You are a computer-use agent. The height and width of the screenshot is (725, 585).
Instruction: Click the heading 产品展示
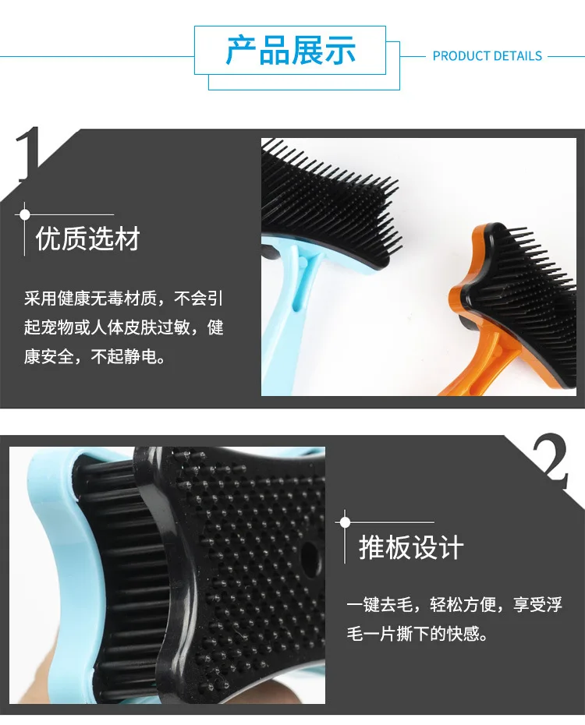tap(290, 50)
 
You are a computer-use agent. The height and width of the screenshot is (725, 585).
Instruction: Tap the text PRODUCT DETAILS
tap(487, 56)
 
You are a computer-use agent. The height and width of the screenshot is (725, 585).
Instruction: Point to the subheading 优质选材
tap(88, 239)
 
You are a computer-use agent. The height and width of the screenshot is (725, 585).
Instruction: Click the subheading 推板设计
tap(411, 547)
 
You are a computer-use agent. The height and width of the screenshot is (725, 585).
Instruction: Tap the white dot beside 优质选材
tap(25, 214)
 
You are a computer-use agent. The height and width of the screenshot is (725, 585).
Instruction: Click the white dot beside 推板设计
tap(345, 522)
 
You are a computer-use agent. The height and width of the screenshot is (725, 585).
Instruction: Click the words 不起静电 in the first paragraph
tap(124, 356)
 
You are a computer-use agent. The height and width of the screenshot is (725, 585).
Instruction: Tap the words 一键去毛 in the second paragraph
tap(380, 604)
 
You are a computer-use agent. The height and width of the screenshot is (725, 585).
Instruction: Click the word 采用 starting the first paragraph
tap(41, 299)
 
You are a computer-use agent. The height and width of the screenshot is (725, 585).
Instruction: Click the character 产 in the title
tap(241, 50)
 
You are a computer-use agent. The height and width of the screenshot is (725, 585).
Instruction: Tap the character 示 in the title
tap(340, 50)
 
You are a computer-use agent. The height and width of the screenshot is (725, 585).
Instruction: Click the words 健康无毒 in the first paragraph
tap(90, 299)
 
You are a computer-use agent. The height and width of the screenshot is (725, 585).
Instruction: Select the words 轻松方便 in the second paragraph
tap(463, 604)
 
